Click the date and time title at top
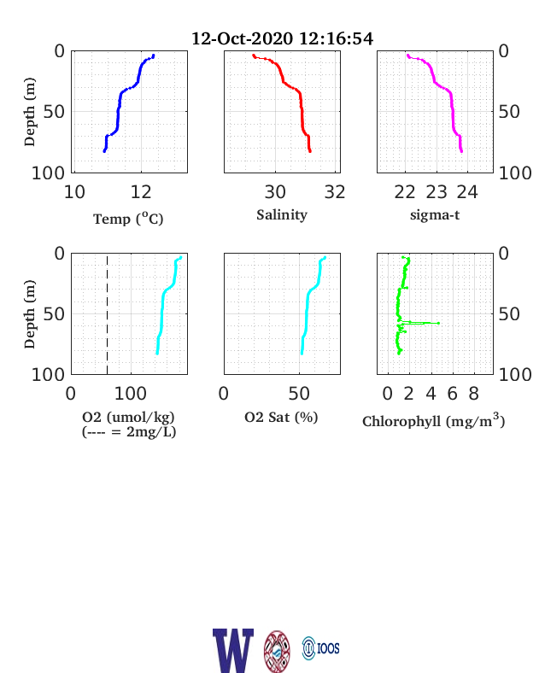pyautogui.click(x=282, y=38)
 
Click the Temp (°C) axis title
pyautogui.click(x=128, y=219)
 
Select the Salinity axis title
pyautogui.click(x=282, y=214)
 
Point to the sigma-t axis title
pyautogui.click(x=435, y=214)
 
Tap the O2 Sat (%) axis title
pyautogui.click(x=281, y=417)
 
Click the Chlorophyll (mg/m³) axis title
pyautogui.click(x=433, y=420)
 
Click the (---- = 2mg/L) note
pyautogui.click(x=129, y=431)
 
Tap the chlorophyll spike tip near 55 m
pyautogui.click(x=438, y=323)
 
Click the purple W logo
pyautogui.click(x=233, y=650)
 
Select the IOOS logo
pyautogui.click(x=320, y=648)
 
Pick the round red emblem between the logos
pyautogui.click(x=277, y=651)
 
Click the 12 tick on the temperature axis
pyautogui.click(x=141, y=192)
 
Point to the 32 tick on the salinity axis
pyautogui.click(x=335, y=192)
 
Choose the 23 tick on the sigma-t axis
pyautogui.click(x=437, y=192)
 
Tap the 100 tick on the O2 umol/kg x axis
pyautogui.click(x=131, y=394)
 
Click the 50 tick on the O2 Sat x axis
pyautogui.click(x=299, y=394)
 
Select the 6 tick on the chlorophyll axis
pyautogui.click(x=452, y=394)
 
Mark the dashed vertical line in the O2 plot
pyautogui.click(x=107, y=313)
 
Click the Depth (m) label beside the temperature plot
pyautogui.click(x=29, y=112)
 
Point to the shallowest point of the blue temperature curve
pyautogui.click(x=153, y=56)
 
